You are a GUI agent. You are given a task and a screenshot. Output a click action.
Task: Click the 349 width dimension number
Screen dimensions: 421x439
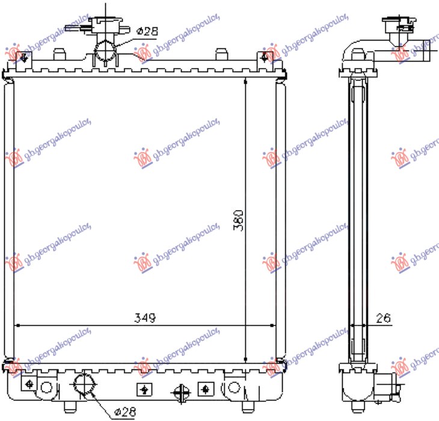tap(145, 318)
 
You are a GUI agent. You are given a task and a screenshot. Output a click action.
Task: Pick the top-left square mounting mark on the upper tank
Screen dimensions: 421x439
tap(25, 58)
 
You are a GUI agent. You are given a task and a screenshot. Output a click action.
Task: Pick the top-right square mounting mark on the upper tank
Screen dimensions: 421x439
tap(264, 58)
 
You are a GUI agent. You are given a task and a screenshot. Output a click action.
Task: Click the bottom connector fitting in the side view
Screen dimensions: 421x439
tap(388, 382)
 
